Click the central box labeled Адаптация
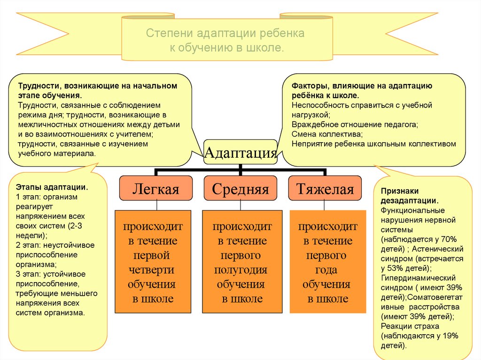(x=240, y=152)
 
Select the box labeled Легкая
(x=156, y=189)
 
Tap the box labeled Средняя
(x=240, y=189)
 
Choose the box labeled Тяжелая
(x=325, y=189)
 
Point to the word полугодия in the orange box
(x=241, y=270)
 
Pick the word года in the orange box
(x=326, y=270)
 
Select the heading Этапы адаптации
(x=52, y=187)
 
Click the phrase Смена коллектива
(x=323, y=134)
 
